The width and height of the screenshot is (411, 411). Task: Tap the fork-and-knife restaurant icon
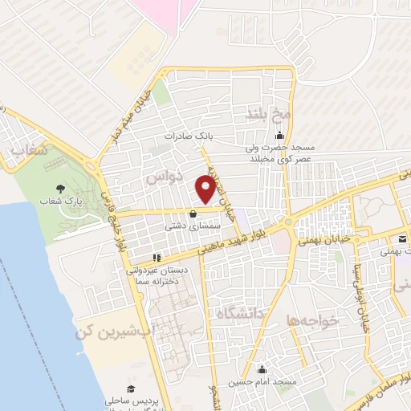pos(157,258)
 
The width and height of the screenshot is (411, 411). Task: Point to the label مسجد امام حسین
pos(262,382)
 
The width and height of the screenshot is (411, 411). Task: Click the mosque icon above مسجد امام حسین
pos(262,369)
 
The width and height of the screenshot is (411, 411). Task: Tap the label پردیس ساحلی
pos(131,399)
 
